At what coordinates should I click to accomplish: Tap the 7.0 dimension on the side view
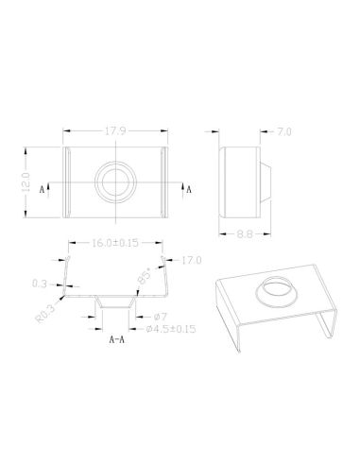tap(284, 132)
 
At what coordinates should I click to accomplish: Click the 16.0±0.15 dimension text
tap(114, 243)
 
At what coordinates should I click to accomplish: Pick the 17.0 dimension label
tap(193, 259)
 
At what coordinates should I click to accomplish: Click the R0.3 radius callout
tap(43, 312)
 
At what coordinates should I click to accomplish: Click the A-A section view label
tap(118, 338)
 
